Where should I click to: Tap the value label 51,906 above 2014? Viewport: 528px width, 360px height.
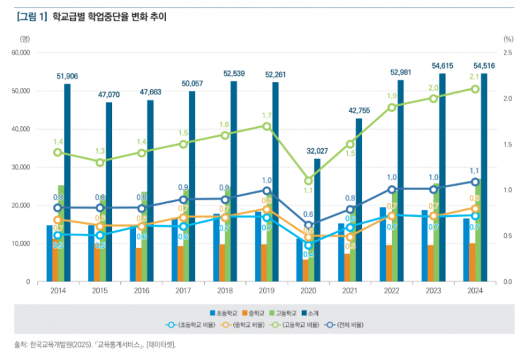pyautogui.click(x=67, y=76)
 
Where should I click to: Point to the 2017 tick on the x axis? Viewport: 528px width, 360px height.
pyautogui.click(x=183, y=291)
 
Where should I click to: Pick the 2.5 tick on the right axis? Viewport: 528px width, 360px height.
pyautogui.click(x=507, y=53)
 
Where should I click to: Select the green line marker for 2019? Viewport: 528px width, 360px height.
pyautogui.click(x=266, y=126)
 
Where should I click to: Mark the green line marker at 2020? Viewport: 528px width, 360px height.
pyautogui.click(x=308, y=181)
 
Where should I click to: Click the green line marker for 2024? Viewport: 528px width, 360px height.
pyautogui.click(x=475, y=89)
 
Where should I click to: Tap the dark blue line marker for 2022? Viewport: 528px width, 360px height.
pyautogui.click(x=391, y=189)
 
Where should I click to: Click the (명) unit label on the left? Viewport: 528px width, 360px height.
pyautogui.click(x=26, y=39)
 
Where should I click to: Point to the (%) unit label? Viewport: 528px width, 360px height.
pyautogui.click(x=507, y=39)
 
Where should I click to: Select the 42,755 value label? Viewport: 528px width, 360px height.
pyautogui.click(x=359, y=111)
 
